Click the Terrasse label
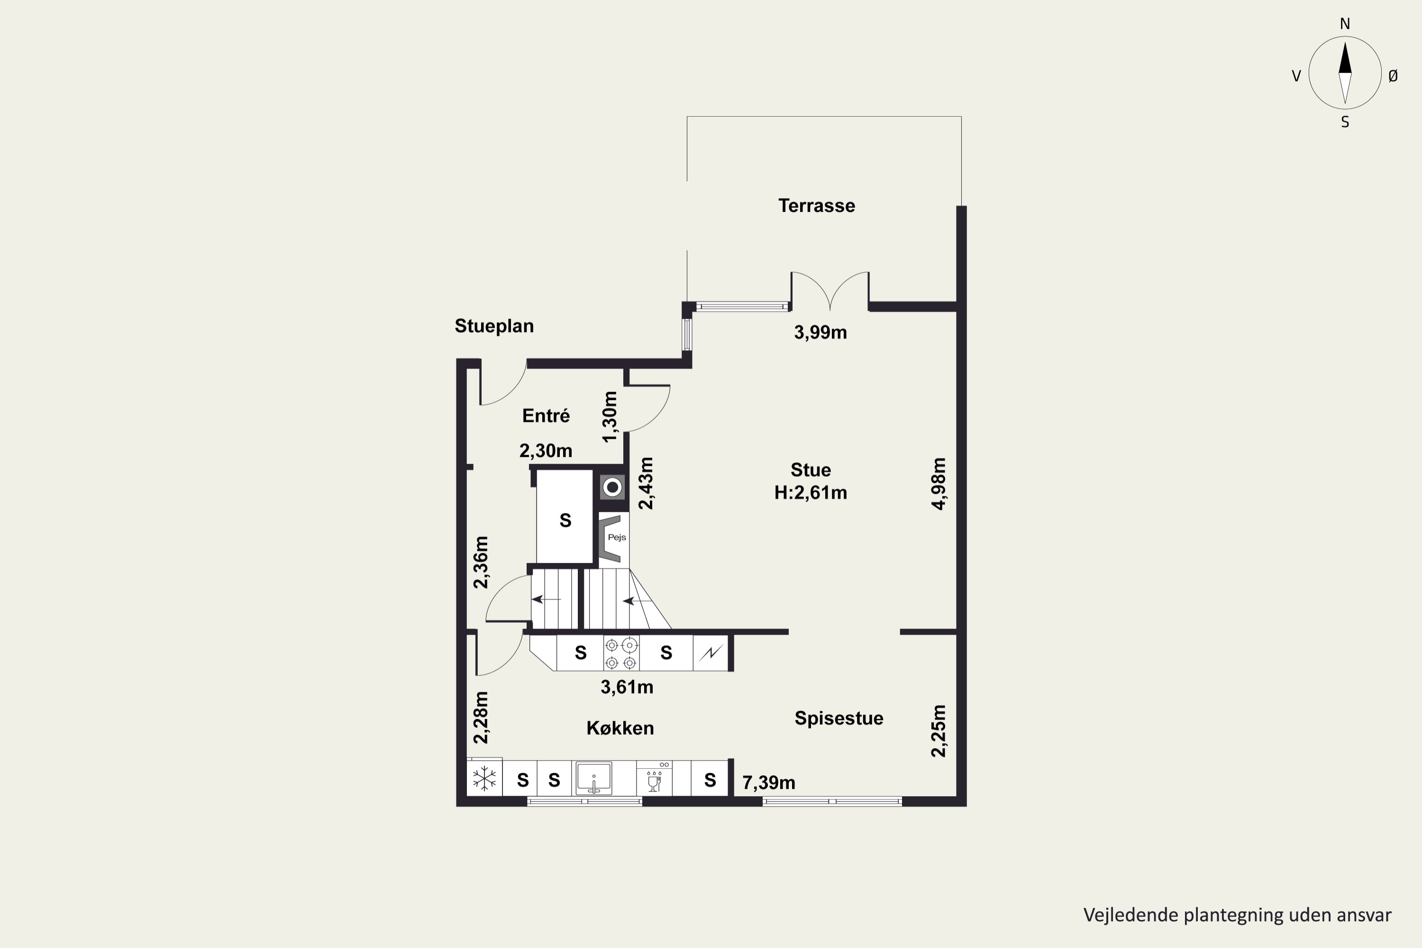(816, 206)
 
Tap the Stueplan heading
(494, 327)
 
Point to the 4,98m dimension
(939, 483)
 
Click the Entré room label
(546, 415)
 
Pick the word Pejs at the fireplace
(617, 538)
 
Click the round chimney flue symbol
(612, 487)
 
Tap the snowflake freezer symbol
(484, 779)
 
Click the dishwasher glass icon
(654, 781)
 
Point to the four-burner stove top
(621, 654)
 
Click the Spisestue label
(839, 718)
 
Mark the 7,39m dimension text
(768, 783)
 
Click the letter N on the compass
(1345, 24)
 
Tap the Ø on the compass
(1393, 75)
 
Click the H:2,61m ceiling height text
(811, 493)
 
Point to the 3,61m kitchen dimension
(627, 687)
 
